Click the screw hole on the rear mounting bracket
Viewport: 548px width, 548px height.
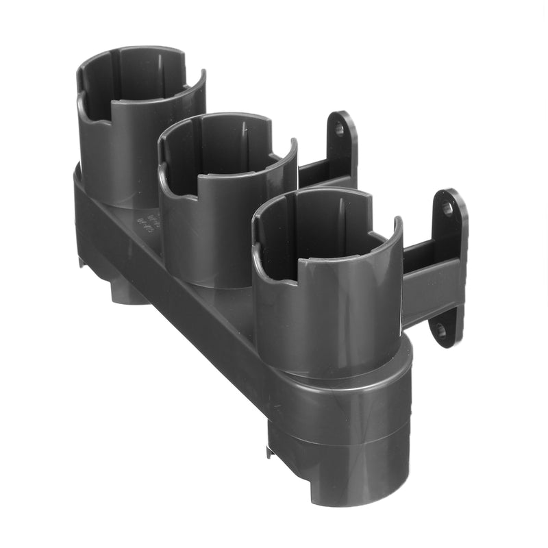pos(339,127)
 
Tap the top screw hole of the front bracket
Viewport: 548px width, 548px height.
pos(447,206)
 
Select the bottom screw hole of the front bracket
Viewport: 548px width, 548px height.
pos(440,330)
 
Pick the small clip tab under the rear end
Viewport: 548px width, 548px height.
pos(81,260)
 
